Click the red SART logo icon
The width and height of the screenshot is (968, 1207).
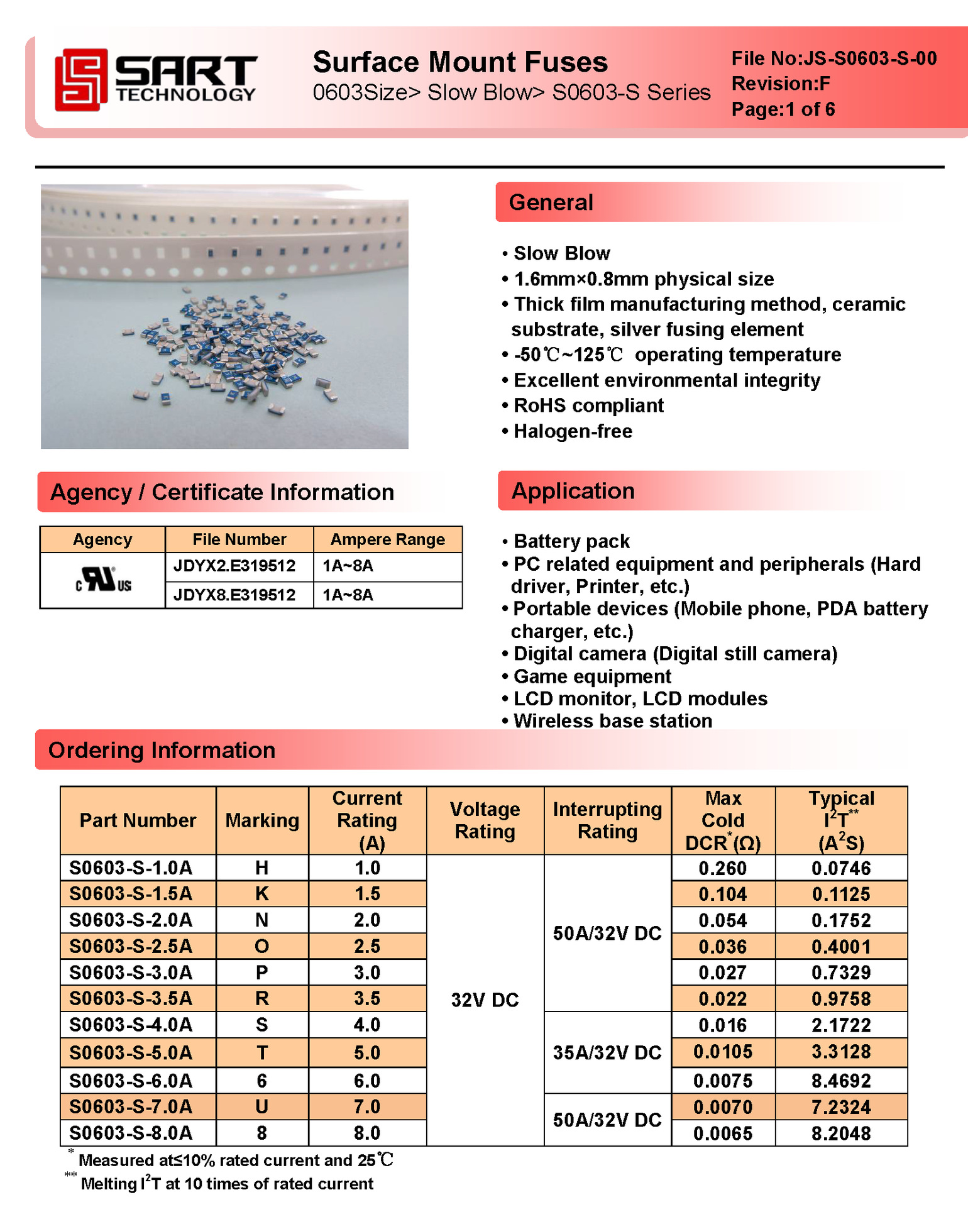[x=80, y=80]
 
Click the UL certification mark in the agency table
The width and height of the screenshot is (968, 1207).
[x=104, y=580]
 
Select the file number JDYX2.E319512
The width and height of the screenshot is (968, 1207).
[x=234, y=566]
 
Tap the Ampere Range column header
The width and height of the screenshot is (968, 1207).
[x=387, y=539]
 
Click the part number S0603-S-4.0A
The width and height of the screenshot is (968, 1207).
[x=131, y=1025]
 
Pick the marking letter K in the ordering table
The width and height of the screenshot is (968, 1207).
[x=262, y=894]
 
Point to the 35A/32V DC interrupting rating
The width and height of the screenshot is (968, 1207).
[x=607, y=1053]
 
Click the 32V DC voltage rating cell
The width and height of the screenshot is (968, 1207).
[x=485, y=1000]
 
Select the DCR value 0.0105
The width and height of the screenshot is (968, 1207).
[x=723, y=1052]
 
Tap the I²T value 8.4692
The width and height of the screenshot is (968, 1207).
[x=841, y=1081]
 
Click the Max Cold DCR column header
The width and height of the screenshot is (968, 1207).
[x=723, y=820]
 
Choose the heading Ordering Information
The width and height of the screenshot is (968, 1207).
[x=162, y=751]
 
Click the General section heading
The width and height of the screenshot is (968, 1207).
[x=551, y=202]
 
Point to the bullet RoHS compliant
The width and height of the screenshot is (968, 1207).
[x=588, y=406]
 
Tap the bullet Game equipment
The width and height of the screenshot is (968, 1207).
[x=592, y=676]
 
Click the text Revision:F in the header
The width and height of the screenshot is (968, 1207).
[x=781, y=84]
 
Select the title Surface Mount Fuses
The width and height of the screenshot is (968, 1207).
[x=460, y=62]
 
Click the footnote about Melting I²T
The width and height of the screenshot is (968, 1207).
[x=226, y=1184]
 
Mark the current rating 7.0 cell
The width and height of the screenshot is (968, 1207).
[x=367, y=1107]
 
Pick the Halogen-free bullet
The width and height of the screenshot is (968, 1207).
[x=573, y=432]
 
